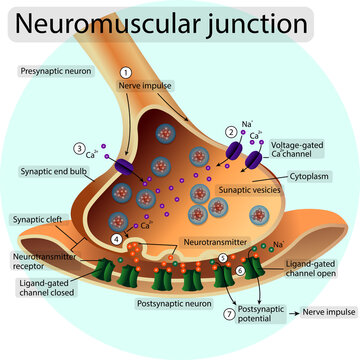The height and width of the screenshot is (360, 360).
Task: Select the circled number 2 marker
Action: click(x=231, y=131)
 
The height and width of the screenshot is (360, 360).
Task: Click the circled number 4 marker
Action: click(x=117, y=239)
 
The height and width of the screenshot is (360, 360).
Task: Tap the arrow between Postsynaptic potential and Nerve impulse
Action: click(x=297, y=313)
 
